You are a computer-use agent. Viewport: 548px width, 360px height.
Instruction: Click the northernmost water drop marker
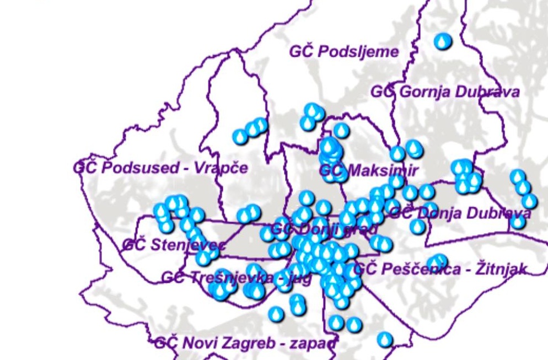443,41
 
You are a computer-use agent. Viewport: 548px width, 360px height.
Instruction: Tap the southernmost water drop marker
385,339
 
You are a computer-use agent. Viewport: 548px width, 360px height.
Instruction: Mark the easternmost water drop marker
529,201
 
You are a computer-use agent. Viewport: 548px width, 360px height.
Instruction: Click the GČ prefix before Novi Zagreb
164,342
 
